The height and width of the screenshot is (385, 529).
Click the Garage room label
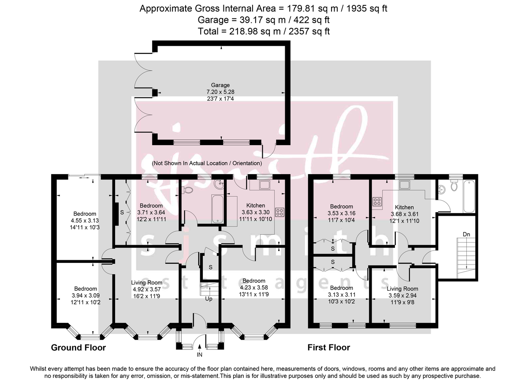220,85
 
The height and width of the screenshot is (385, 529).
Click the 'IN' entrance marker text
200,354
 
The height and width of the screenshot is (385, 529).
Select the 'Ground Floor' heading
78,348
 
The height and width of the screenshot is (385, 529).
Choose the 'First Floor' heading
328,348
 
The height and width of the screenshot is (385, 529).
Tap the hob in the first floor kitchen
377,202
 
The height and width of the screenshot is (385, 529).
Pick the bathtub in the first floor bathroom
469,195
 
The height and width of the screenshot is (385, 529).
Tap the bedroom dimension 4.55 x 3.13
86,221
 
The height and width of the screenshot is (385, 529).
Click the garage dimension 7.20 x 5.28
220,92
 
